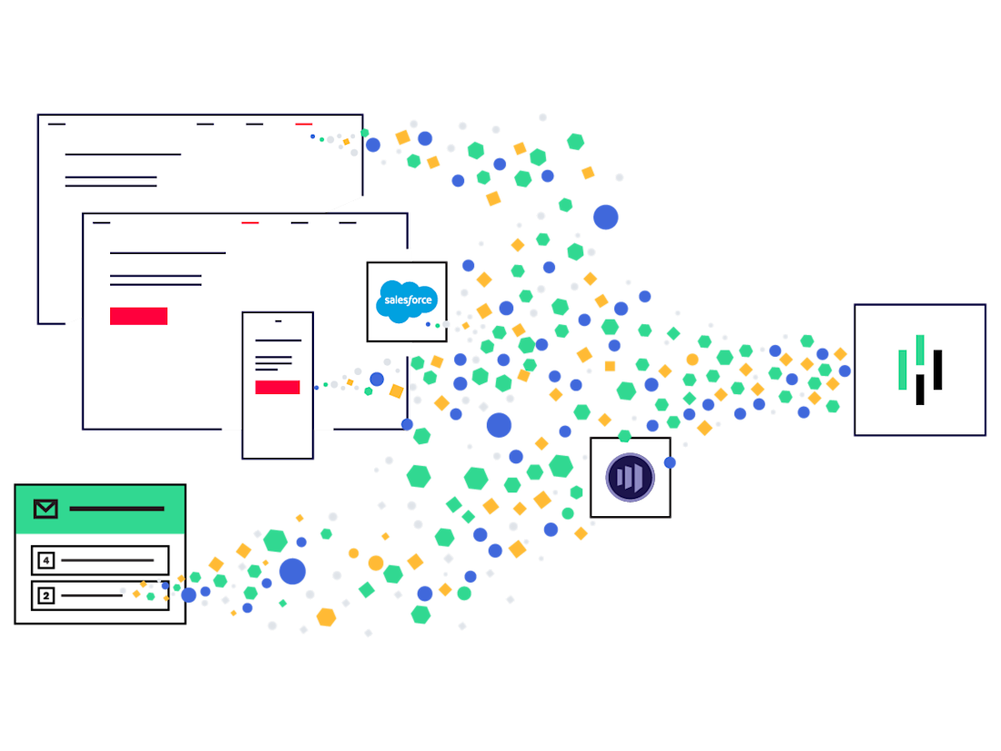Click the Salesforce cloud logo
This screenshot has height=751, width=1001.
point(407,301)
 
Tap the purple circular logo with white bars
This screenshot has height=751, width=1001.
point(630,477)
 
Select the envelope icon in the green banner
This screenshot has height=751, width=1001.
point(45,509)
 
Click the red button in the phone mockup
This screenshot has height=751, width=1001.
point(278,387)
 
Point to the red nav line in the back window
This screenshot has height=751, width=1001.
point(304,124)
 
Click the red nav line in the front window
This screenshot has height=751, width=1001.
point(250,222)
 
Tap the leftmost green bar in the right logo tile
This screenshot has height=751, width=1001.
point(903,370)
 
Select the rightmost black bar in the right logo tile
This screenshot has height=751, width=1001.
point(937,370)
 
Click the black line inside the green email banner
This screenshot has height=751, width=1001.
point(116,509)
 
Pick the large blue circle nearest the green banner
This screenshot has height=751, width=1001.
point(292,572)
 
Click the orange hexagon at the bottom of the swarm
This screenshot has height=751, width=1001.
point(326,617)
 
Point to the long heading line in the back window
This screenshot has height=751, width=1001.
point(123,155)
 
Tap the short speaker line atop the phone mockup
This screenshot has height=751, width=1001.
point(278,321)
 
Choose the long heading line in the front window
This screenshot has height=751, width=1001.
point(167,253)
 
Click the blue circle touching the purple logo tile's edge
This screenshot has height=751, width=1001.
point(671,462)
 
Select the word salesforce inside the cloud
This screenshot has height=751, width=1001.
point(407,299)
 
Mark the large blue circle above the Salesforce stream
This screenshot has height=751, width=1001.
point(606,217)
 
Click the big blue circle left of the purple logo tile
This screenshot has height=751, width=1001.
point(499,425)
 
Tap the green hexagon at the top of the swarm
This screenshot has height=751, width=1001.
point(575,141)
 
